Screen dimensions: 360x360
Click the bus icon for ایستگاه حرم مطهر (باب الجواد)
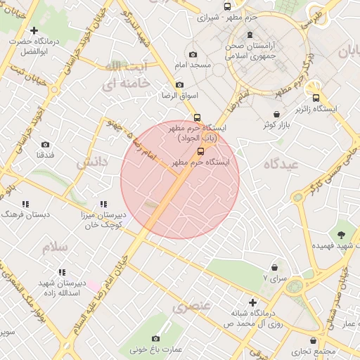coord(197,118)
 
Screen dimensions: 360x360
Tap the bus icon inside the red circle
coord(201,151)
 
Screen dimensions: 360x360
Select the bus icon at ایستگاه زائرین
coord(316,98)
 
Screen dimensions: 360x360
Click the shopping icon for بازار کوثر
coord(276,115)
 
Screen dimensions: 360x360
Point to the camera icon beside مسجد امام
coord(193,55)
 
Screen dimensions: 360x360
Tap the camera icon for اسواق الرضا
coord(179,85)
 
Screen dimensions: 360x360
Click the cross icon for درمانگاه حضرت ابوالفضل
coord(33,30)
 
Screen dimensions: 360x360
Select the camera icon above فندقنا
coord(46,144)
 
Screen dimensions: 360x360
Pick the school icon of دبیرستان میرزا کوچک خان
coord(103,204)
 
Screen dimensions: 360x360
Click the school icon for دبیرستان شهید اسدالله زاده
coord(62,271)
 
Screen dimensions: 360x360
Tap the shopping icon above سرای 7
coord(274,267)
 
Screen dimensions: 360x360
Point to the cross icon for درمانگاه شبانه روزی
coord(252,302)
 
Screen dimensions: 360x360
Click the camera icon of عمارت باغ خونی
coord(155,338)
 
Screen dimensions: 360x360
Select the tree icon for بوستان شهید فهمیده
coord(342,234)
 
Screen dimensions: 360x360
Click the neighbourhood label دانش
coord(92,162)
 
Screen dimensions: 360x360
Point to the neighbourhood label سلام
coord(54,247)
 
